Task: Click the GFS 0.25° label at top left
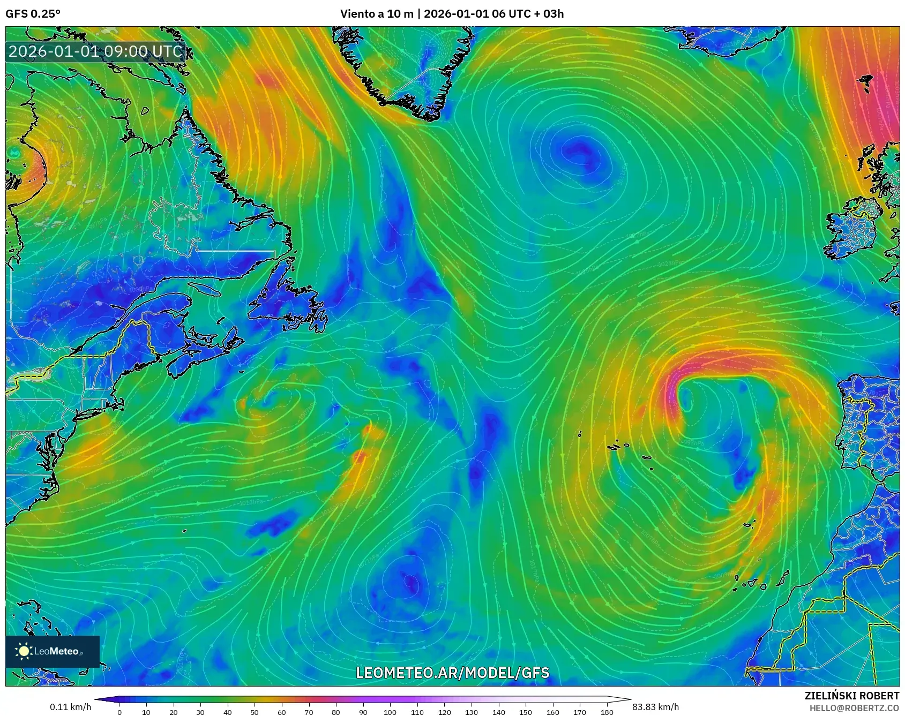point(33,14)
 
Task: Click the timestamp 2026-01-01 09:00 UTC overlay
point(95,51)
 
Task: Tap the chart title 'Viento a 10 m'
point(376,14)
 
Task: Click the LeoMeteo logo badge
point(53,651)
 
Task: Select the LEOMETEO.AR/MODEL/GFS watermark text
point(453,673)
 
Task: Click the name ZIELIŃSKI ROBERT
point(851,696)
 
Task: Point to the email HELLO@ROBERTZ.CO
point(854,708)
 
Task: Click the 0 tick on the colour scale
point(119,712)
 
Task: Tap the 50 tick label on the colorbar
point(255,712)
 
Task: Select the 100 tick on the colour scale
point(390,712)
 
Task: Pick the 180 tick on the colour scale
point(607,712)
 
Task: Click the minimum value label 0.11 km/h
point(71,707)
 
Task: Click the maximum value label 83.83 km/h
point(655,707)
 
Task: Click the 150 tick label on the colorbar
point(525,712)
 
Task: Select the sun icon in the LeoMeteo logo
point(24,651)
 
